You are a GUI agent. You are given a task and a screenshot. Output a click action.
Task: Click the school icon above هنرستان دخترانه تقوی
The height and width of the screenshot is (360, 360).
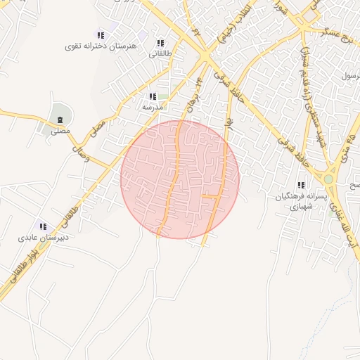pyautogui.click(x=101, y=34)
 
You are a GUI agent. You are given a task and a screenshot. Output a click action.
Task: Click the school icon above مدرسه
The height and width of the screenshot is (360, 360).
pyautogui.click(x=153, y=97)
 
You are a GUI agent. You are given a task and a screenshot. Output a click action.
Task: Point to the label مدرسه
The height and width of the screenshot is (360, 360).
pyautogui.click(x=153, y=108)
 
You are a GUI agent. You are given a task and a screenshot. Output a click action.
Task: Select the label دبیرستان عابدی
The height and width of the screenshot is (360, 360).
pyautogui.click(x=43, y=238)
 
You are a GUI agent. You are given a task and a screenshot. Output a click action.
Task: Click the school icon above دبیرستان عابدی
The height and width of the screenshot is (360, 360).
pyautogui.click(x=43, y=226)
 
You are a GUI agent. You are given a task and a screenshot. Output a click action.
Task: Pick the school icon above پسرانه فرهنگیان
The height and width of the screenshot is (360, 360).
pyautogui.click(x=301, y=186)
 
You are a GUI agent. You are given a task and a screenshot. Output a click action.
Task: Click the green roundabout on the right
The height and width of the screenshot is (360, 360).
pyautogui.click(x=328, y=179)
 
